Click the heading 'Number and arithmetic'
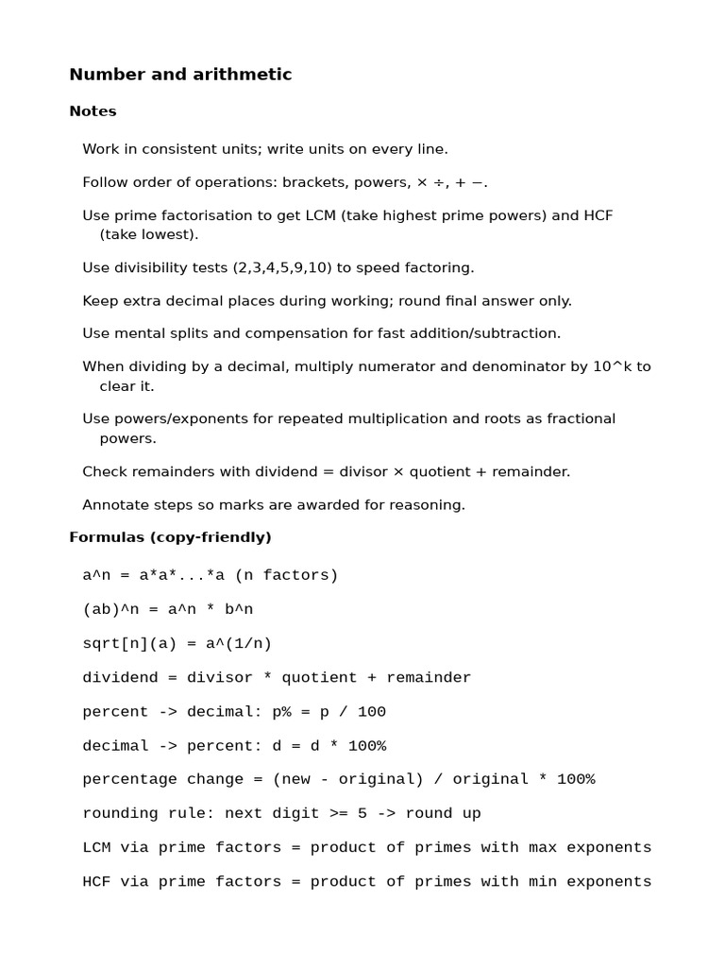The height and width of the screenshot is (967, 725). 180,75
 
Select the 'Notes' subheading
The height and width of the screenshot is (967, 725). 93,111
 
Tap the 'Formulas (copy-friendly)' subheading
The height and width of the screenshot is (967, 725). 170,537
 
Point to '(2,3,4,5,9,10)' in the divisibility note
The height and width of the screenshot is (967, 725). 282,268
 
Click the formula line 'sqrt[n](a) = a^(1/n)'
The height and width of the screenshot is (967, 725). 177,644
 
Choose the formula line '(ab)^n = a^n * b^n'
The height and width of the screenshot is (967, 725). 167,610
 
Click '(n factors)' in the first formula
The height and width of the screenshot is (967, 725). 286,576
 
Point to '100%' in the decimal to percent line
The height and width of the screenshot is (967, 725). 367,746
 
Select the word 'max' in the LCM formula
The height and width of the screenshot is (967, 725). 543,848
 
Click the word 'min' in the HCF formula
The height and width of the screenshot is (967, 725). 543,882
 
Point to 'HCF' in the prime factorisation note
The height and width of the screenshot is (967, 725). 599,215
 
